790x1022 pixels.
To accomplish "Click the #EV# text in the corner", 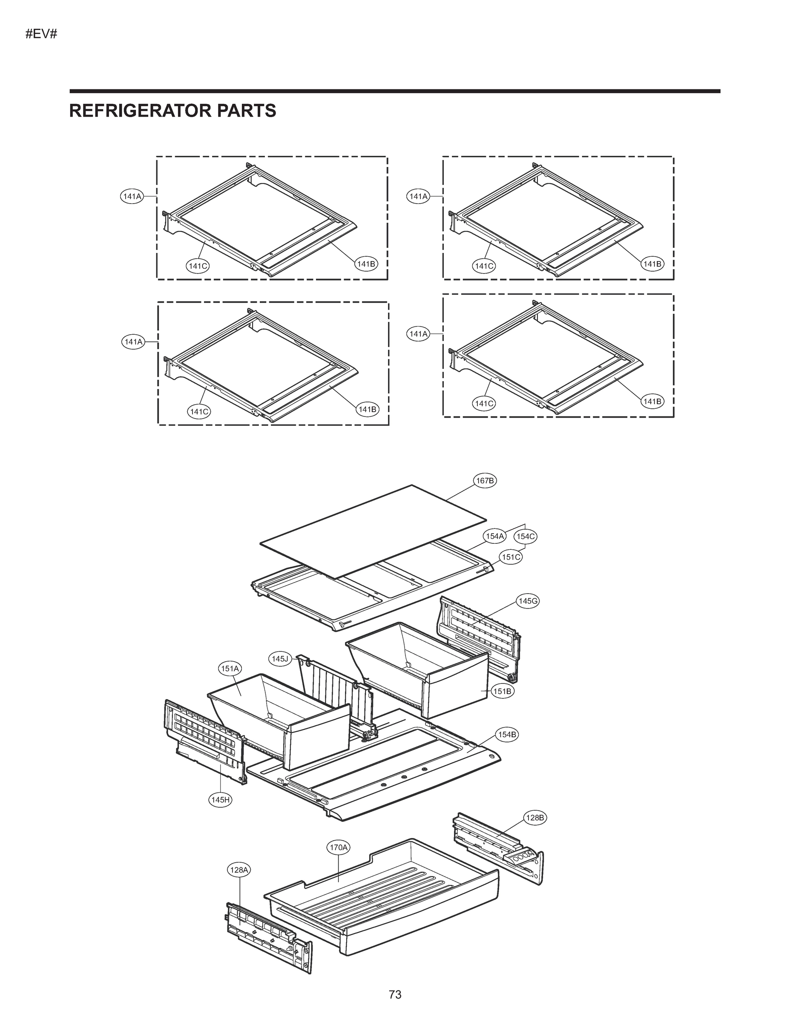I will (x=41, y=34).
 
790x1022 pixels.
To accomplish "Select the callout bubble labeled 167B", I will (x=484, y=481).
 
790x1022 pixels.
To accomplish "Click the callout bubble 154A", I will (x=494, y=536).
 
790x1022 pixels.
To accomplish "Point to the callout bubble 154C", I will (x=525, y=536).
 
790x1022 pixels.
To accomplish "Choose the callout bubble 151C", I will (x=511, y=557).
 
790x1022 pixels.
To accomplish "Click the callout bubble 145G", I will (x=527, y=601).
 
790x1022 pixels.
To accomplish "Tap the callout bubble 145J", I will (x=280, y=659).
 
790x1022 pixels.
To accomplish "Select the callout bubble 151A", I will (x=230, y=669).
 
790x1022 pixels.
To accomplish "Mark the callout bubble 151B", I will (x=502, y=691).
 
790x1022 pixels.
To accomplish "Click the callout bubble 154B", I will (x=507, y=735).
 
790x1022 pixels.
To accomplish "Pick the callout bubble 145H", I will (x=220, y=800).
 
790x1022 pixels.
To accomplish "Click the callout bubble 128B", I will (x=535, y=818).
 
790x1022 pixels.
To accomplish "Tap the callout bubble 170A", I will (x=339, y=847).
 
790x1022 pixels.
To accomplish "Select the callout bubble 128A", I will (x=238, y=870).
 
